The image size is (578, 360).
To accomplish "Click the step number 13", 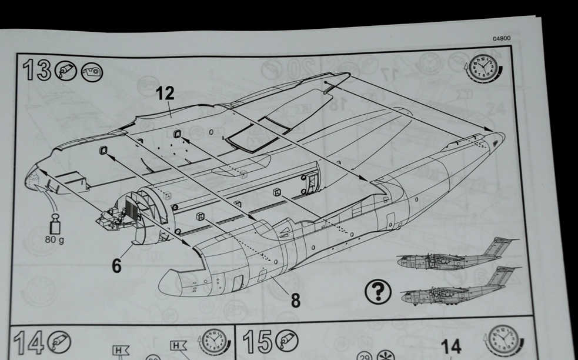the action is [x=37, y=70].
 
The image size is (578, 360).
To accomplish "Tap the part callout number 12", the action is [x=165, y=94].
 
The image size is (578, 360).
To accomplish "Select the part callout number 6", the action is [x=116, y=265].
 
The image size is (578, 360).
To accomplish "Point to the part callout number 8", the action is [x=296, y=301].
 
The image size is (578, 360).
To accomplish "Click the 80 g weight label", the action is [x=55, y=240].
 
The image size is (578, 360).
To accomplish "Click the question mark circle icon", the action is [x=378, y=292].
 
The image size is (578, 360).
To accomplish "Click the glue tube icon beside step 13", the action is [x=66, y=71].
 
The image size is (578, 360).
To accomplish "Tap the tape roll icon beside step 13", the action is [x=92, y=72].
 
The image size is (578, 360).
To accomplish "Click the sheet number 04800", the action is [x=502, y=38].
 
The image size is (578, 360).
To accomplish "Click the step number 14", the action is [x=29, y=343].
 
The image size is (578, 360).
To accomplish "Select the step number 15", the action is [x=258, y=341].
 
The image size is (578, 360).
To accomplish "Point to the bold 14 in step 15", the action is [x=451, y=347].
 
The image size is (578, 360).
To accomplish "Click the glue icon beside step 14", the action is [x=59, y=342].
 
